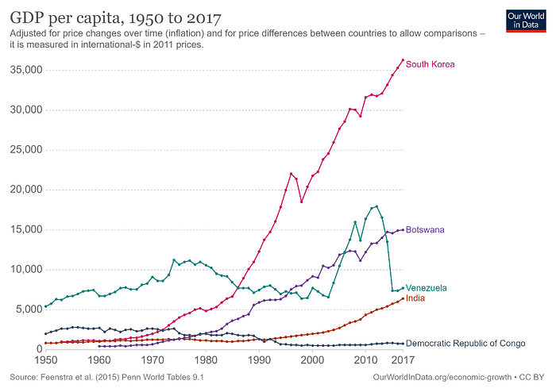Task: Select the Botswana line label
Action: (425, 230)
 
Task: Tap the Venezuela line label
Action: (427, 287)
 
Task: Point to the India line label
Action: (416, 298)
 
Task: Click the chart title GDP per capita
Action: (116, 17)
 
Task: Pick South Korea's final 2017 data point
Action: (403, 60)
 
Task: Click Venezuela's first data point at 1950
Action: (44, 306)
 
